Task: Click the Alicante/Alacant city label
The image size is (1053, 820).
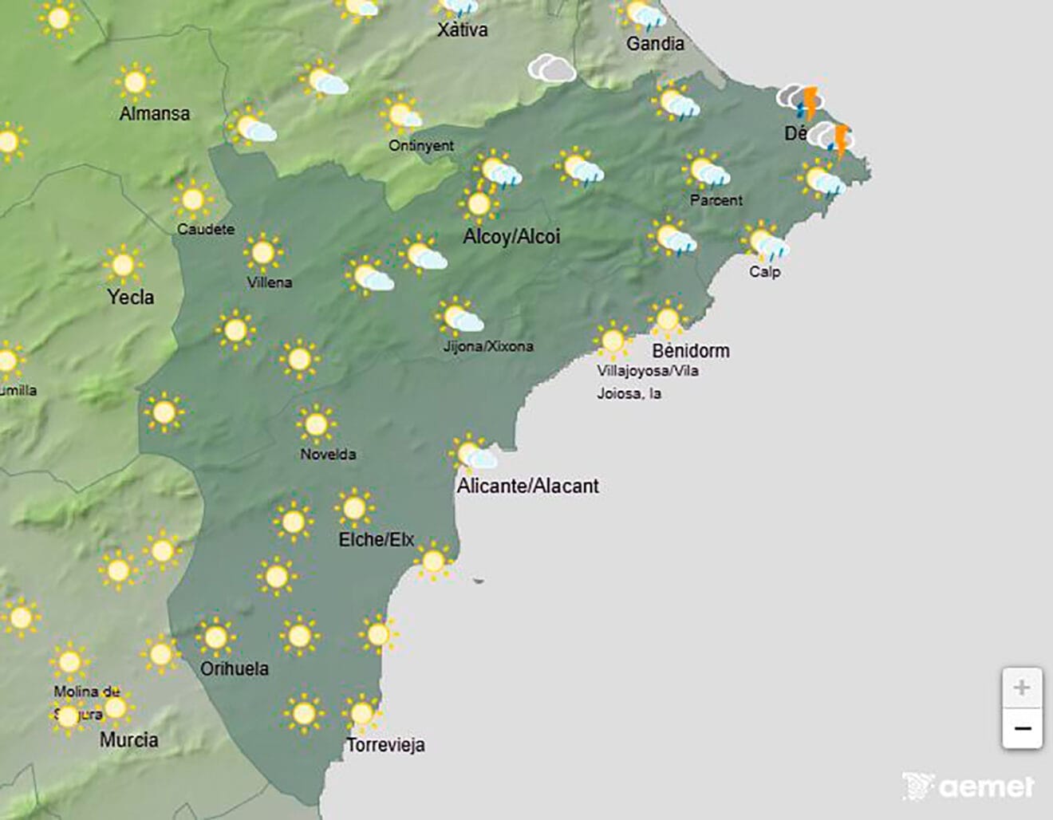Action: (527, 486)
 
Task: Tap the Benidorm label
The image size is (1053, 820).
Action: (690, 350)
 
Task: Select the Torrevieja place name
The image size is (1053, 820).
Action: (385, 745)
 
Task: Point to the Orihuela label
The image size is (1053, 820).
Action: (234, 668)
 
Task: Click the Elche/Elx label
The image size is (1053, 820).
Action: (377, 540)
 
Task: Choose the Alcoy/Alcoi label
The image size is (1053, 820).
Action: (511, 237)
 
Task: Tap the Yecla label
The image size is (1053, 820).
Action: (131, 298)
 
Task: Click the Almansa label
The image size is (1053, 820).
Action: (155, 113)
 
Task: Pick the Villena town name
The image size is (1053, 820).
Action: (270, 282)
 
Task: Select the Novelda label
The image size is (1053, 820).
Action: (328, 455)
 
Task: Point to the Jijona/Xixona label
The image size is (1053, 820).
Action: (488, 346)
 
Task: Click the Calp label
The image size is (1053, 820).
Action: (764, 272)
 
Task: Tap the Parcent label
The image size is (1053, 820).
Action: (716, 200)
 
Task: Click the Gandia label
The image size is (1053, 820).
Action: (655, 44)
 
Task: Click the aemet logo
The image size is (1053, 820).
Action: (968, 786)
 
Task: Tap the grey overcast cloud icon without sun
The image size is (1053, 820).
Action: (551, 69)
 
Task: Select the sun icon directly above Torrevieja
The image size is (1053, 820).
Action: (362, 712)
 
